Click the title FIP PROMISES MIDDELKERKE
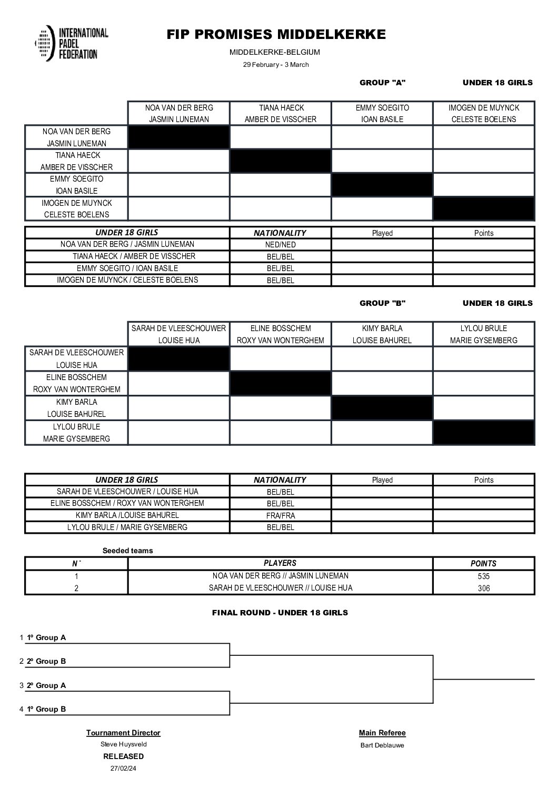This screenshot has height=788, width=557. coord(276,35)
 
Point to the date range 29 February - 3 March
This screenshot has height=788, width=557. coord(276,65)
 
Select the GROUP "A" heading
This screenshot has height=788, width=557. coord(382,83)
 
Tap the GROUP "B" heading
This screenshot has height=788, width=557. coord(382,303)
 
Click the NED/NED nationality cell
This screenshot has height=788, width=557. coord(280,245)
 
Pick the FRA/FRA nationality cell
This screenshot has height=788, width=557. coord(280,516)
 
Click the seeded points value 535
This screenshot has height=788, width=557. coord(483,576)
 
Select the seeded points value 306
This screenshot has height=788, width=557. coord(483,588)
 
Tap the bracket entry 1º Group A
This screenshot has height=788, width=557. coord(46,637)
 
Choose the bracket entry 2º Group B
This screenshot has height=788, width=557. coord(46,661)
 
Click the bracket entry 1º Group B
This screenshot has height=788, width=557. coord(46,709)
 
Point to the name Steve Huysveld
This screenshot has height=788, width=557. coord(123,744)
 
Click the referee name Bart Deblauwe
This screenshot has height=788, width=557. coord(382,745)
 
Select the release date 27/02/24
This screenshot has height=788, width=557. coord(123,768)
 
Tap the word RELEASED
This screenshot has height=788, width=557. coord(123,756)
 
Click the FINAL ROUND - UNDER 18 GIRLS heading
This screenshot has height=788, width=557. coord(280,613)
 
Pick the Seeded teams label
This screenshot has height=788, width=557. coord(127,551)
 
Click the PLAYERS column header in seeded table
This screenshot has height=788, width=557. coord(280,563)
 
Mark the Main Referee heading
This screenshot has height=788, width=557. coord(382,733)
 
